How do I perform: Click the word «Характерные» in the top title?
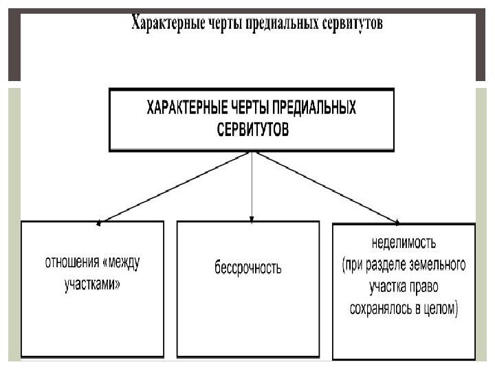click(x=166, y=23)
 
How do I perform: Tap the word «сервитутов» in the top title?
click(x=352, y=23)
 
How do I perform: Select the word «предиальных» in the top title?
click(x=282, y=23)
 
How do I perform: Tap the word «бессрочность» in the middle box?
click(x=248, y=267)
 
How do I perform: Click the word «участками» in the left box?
click(x=89, y=282)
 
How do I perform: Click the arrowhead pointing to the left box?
click(x=100, y=222)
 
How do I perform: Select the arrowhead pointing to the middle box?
click(x=253, y=219)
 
